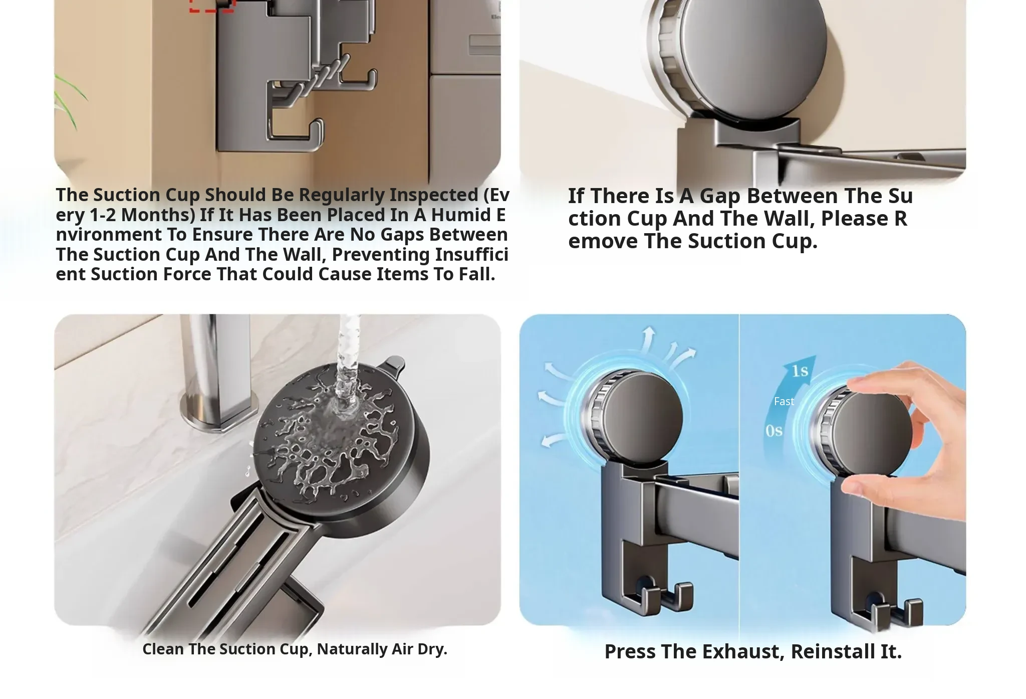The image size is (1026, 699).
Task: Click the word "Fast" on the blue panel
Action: [784, 402]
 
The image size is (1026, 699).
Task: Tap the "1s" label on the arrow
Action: [800, 371]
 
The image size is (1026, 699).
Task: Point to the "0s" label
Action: [774, 431]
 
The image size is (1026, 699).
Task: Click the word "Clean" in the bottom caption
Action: [164, 649]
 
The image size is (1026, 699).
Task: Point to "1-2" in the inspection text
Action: [103, 215]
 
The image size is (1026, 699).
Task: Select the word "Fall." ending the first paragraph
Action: [477, 274]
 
